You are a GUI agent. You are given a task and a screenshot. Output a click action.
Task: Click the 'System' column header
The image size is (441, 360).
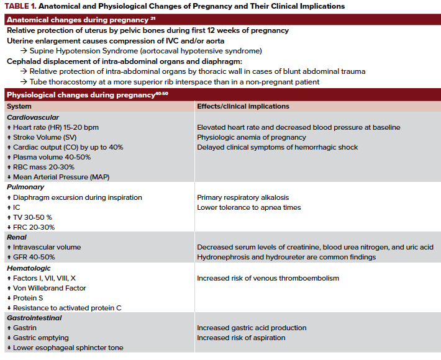19,106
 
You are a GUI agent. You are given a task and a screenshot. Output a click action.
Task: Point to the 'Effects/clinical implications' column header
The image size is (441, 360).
243,106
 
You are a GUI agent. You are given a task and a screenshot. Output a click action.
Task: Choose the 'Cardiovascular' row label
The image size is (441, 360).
33,117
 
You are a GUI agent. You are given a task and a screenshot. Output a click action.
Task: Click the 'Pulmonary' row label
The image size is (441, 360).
25,187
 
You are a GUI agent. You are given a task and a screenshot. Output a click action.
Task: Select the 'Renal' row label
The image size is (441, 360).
17,237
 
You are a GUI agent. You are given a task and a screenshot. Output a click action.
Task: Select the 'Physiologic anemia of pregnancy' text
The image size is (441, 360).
252,137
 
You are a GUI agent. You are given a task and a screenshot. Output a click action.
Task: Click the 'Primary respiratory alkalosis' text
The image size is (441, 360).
243,197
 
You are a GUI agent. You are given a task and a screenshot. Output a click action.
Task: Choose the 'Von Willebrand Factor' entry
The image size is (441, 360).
50,288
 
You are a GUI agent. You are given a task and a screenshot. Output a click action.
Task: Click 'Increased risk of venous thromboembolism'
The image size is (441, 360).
268,278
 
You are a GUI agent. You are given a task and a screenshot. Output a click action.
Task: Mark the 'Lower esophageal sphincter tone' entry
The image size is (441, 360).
68,348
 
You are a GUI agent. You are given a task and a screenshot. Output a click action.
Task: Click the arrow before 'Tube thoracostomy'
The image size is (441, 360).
24,82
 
